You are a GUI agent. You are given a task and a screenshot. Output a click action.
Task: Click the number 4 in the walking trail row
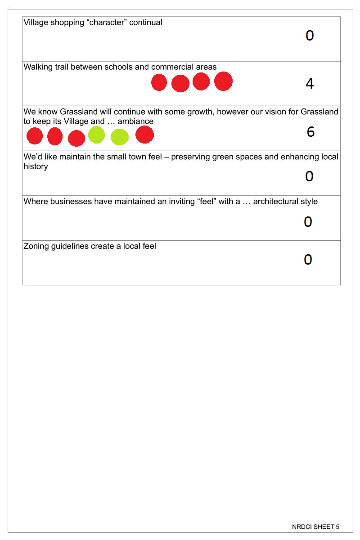pyautogui.click(x=310, y=84)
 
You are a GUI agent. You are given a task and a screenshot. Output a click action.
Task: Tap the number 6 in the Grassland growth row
pyautogui.click(x=310, y=132)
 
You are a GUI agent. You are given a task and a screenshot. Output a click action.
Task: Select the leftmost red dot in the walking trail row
pyautogui.click(x=159, y=82)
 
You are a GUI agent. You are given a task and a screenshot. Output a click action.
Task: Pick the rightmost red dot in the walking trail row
pyautogui.click(x=223, y=81)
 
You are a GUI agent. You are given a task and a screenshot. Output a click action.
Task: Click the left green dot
pyautogui.click(x=96, y=135)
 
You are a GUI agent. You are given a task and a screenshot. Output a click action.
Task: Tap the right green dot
pyautogui.click(x=120, y=137)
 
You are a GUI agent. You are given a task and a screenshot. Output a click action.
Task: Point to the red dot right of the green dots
pyautogui.click(x=144, y=135)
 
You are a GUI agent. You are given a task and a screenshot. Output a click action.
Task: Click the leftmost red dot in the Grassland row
pyautogui.click(x=35, y=136)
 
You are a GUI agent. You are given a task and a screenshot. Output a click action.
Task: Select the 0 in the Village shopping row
pyautogui.click(x=310, y=36)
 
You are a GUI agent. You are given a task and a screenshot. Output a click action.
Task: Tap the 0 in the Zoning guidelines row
pyautogui.click(x=308, y=260)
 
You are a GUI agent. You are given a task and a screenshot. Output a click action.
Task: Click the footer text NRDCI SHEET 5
pyautogui.click(x=315, y=526)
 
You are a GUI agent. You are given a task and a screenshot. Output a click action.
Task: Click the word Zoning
pyautogui.click(x=37, y=246)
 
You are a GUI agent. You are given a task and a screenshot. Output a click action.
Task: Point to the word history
pyautogui.click(x=36, y=166)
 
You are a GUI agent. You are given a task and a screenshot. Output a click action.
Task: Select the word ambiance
pyautogui.click(x=135, y=121)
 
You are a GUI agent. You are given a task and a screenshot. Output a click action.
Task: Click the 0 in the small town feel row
pyautogui.click(x=309, y=176)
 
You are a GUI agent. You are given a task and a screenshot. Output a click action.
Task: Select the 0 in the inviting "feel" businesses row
pyautogui.click(x=308, y=221)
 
